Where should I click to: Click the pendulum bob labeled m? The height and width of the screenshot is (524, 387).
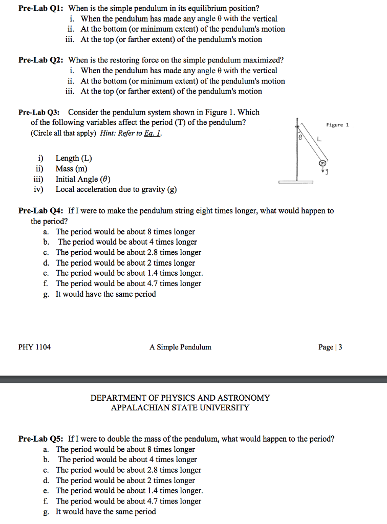[x=322, y=163]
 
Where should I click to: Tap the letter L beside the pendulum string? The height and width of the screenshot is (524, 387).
[x=319, y=138]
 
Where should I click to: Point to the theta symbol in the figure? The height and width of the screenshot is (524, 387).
[x=301, y=138]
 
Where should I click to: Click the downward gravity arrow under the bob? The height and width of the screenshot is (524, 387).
[x=323, y=171]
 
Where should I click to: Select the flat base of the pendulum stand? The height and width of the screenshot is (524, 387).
[x=295, y=182]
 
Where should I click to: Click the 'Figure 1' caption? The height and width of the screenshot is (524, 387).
[x=337, y=124]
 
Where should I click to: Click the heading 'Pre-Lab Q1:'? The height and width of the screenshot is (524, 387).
[x=40, y=8]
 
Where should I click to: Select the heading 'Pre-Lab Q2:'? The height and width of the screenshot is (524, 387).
[x=40, y=60]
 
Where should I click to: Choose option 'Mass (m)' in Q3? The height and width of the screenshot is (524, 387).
[x=71, y=168]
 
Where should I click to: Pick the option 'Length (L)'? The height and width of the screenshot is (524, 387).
[x=74, y=158]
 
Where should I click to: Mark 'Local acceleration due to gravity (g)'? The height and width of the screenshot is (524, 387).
[x=116, y=189]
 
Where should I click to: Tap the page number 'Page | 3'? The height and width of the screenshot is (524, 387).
[x=330, y=347]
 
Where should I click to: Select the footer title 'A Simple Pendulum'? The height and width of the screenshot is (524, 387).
[x=180, y=347]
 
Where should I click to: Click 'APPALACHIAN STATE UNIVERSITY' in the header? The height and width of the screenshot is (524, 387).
[x=180, y=408]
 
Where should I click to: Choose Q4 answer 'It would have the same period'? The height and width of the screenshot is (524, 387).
[x=105, y=294]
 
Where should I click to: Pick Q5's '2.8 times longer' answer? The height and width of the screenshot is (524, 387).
[x=128, y=470]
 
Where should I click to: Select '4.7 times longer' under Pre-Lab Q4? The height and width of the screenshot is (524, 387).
[x=128, y=283]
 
